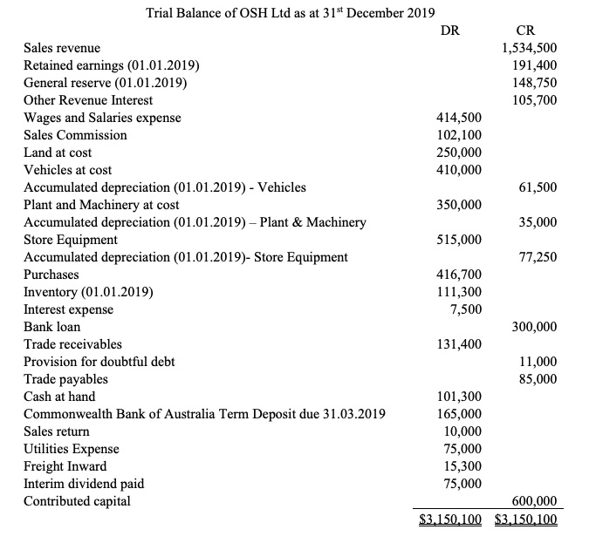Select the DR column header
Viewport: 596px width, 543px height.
point(451,31)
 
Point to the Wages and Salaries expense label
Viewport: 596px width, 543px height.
point(102,118)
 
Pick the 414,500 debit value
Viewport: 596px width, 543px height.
point(458,118)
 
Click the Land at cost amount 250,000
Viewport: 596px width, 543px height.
point(458,153)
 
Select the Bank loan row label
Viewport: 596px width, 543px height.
point(51,327)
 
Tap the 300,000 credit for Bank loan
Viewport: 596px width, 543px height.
point(533,327)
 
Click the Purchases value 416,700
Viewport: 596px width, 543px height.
point(458,275)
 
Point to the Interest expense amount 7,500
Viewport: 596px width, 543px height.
point(464,309)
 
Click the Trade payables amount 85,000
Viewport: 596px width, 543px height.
point(537,379)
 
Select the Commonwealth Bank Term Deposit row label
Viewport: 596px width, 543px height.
point(204,414)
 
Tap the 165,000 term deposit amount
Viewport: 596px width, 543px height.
point(458,414)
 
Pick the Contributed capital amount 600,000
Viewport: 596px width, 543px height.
point(533,501)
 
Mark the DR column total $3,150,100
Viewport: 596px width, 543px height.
point(450,519)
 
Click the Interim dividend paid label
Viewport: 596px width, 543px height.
point(84,484)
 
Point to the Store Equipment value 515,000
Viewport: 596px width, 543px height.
point(458,240)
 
